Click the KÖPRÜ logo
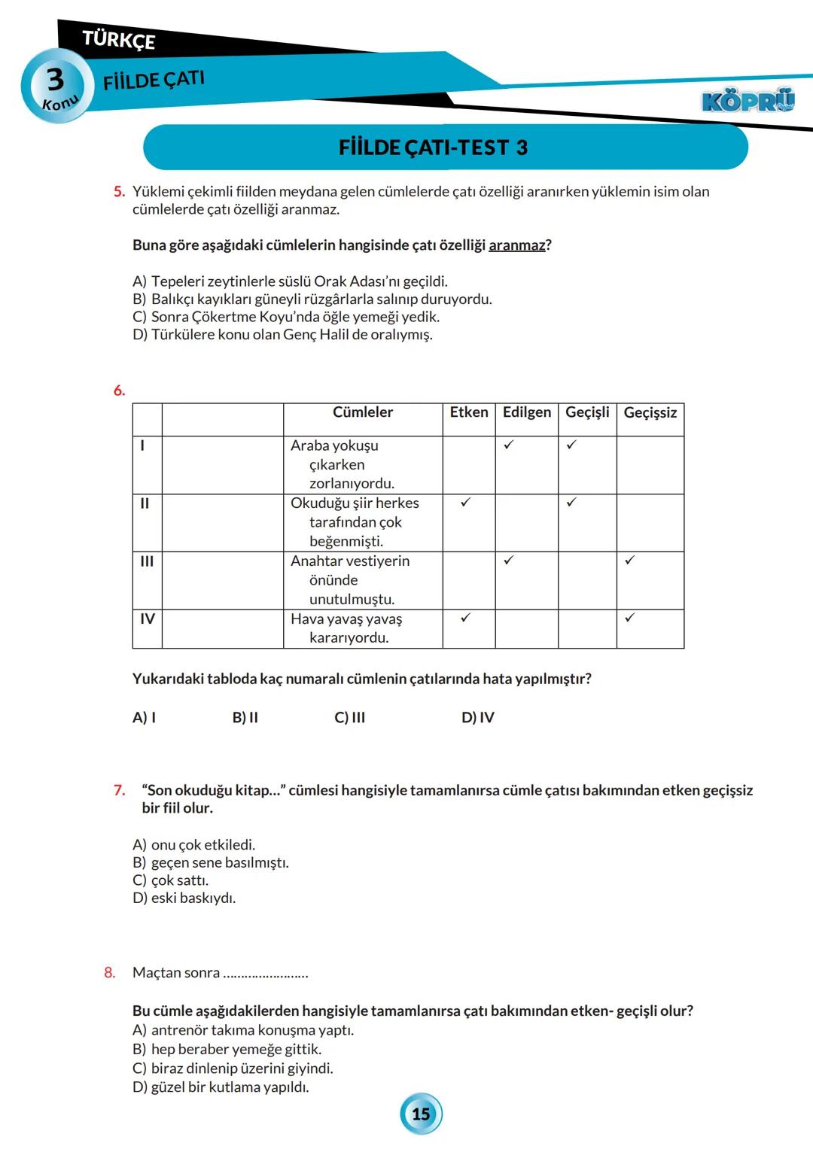coord(748,101)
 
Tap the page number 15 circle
coord(421,1114)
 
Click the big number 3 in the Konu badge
coord(55,79)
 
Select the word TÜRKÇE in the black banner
coord(118,39)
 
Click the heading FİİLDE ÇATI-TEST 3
coord(433,147)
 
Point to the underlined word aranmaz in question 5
coord(516,245)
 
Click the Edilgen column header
coord(526,412)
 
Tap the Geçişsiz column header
coord(650,412)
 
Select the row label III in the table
coord(147,561)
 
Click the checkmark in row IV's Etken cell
coord(465,618)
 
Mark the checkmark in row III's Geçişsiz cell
coord(629,560)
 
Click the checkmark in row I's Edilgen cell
coord(509,445)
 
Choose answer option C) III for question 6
coord(349,717)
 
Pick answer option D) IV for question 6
coord(477,717)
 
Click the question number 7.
coord(119,790)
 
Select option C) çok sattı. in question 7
coord(171,880)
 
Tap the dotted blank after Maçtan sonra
coord(266,974)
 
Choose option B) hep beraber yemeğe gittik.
coord(227,1049)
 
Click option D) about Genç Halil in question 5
coord(282,335)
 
